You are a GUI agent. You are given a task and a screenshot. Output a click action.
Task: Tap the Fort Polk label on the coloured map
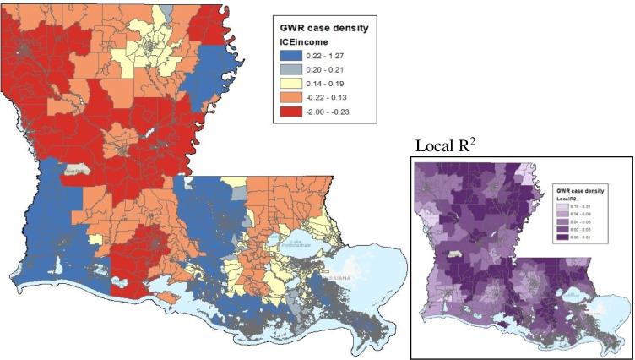click(67, 168)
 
